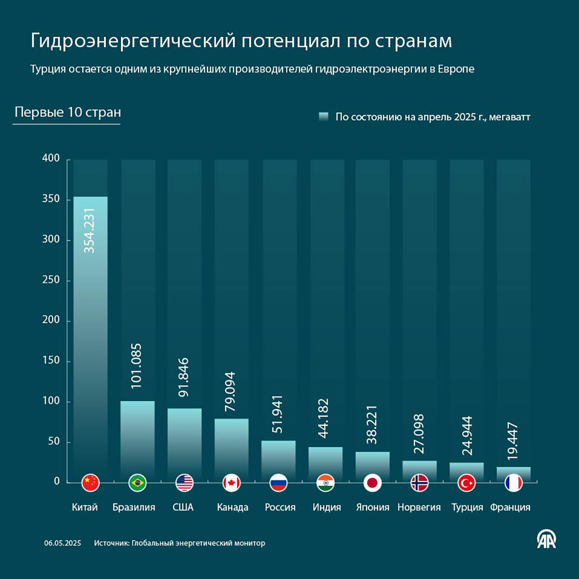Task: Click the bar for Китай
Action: pyautogui.click(x=90, y=336)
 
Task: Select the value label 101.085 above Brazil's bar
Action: pyautogui.click(x=137, y=365)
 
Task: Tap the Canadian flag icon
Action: pyautogui.click(x=232, y=483)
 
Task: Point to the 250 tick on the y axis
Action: pyautogui.click(x=51, y=280)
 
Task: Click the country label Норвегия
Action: pyautogui.click(x=419, y=507)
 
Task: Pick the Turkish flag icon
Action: pyautogui.click(x=466, y=483)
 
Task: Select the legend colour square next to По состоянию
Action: pyautogui.click(x=324, y=117)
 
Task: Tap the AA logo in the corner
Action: pyautogui.click(x=546, y=540)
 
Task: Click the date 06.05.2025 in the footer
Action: pyautogui.click(x=63, y=543)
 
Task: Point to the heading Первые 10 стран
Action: pyautogui.click(x=68, y=112)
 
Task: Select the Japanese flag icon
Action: pyautogui.click(x=372, y=483)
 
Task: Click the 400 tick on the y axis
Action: pyautogui.click(x=51, y=158)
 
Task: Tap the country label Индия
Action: pyautogui.click(x=327, y=507)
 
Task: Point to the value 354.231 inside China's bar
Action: pyautogui.click(x=90, y=230)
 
